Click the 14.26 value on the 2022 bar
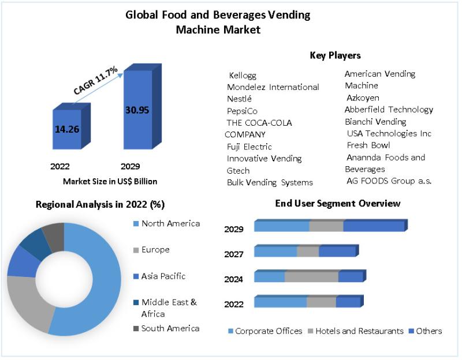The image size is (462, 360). [67, 129]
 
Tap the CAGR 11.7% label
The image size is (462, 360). [96, 81]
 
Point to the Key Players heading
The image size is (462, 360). [335, 55]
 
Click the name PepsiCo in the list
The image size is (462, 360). [243, 110]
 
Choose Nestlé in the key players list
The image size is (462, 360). [240, 99]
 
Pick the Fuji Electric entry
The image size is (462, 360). [249, 147]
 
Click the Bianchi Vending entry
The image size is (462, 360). [375, 122]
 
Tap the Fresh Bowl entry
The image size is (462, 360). [368, 145]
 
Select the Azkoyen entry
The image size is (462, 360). [363, 97]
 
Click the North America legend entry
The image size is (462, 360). [170, 223]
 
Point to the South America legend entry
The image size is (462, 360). [170, 328]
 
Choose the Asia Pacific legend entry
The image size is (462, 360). [163, 276]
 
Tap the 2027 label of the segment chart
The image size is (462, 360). [234, 254]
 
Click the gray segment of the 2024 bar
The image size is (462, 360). [311, 277]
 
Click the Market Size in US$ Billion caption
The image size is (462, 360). [110, 181]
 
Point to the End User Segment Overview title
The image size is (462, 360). [338, 203]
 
